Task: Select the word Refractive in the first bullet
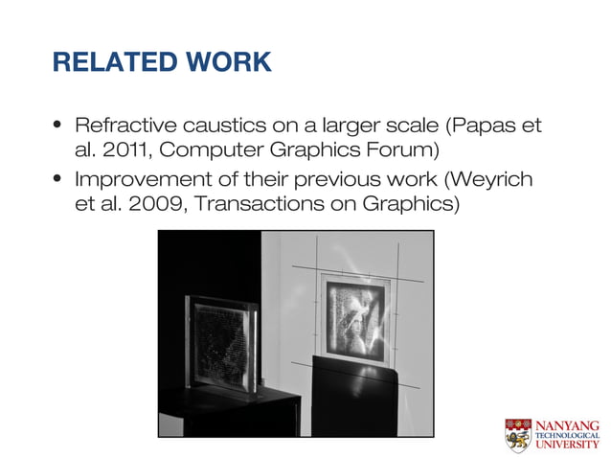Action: (124, 126)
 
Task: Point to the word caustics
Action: (218, 126)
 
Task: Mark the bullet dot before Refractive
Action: (58, 126)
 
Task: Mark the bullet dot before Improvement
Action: (58, 179)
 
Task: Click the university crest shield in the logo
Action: (518, 434)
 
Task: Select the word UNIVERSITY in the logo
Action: (570, 446)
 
